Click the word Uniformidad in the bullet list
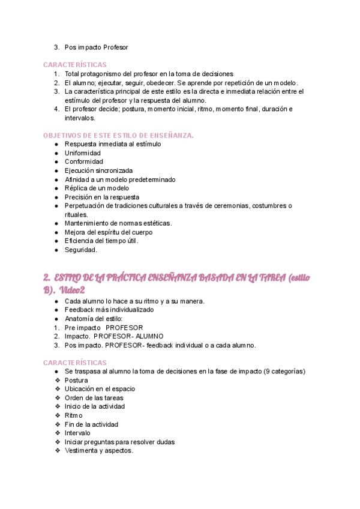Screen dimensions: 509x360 tap(83, 153)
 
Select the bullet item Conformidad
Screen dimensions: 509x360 tap(83, 161)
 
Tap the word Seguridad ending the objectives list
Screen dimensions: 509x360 tap(80, 250)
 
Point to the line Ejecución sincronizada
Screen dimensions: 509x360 tap(98, 170)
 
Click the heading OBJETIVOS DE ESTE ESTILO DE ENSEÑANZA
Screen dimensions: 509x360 tap(119, 136)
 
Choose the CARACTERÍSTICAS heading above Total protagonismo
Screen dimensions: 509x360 tap(75, 65)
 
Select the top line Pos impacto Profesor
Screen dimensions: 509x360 tap(96, 47)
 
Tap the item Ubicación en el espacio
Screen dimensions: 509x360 tap(100, 389)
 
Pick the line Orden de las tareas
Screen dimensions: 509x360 tap(94, 397)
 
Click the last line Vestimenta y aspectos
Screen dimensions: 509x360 tap(98, 451)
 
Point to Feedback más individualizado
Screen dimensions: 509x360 tap(109, 310)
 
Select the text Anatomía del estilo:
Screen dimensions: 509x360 tap(93, 319)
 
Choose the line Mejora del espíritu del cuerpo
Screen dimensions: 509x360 tap(108, 232)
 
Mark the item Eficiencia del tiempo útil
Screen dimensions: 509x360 tap(101, 241)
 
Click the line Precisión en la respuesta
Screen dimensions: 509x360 tap(101, 197)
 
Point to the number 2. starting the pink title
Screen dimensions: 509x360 tap(47, 277)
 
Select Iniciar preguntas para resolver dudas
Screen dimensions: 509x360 tap(119, 442)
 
